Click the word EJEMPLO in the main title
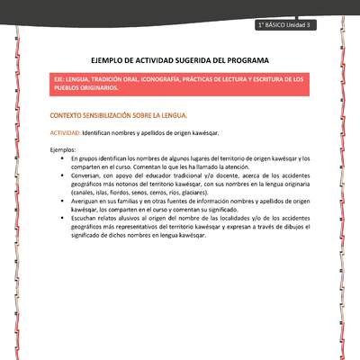[x=107, y=59]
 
